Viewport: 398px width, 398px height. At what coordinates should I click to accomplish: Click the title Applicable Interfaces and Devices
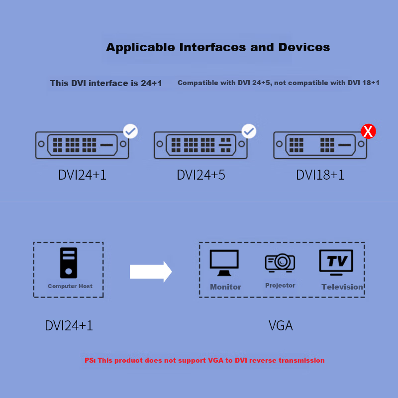[218, 48]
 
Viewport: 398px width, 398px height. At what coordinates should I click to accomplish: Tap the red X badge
[368, 132]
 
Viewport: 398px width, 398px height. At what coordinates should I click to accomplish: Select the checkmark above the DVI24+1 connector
[130, 131]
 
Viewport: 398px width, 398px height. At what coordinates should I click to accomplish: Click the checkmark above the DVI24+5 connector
[249, 131]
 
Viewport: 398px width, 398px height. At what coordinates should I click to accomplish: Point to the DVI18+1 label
[320, 175]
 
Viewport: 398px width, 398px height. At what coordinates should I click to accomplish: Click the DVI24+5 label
[201, 175]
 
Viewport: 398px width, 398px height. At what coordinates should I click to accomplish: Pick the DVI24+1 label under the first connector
[82, 175]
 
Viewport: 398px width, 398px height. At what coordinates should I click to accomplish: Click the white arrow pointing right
[151, 272]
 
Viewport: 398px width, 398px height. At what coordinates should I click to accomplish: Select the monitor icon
[224, 262]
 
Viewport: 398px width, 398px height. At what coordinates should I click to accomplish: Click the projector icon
[280, 262]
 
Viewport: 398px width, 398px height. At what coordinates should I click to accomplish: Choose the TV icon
[336, 262]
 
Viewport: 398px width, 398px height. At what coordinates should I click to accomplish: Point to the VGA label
[281, 326]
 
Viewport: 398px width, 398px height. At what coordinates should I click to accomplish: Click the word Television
[342, 287]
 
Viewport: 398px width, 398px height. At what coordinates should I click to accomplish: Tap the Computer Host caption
[70, 286]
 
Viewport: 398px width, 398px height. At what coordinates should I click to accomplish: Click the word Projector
[280, 286]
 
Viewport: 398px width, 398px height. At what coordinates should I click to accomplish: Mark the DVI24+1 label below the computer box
[69, 326]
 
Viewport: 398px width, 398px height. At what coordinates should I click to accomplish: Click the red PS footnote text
[204, 360]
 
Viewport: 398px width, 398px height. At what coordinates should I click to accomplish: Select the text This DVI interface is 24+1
[106, 83]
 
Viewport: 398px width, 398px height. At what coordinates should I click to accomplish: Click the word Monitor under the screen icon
[225, 287]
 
